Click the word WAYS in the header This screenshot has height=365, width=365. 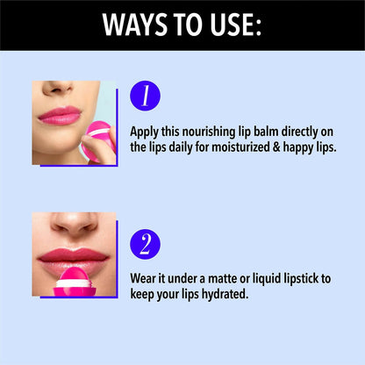coord(135,25)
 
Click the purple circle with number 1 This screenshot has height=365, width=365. coord(145,96)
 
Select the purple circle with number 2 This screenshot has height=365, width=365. coord(145,244)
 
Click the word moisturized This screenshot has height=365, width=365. coord(240,147)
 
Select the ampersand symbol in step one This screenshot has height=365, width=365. coord(276,147)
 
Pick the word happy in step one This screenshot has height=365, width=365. coord(298,147)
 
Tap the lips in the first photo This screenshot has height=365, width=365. coord(60,115)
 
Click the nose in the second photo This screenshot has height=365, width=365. coord(75,224)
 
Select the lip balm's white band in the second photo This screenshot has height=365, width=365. coord(75,284)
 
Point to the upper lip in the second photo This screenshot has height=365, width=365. coord(73,254)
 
